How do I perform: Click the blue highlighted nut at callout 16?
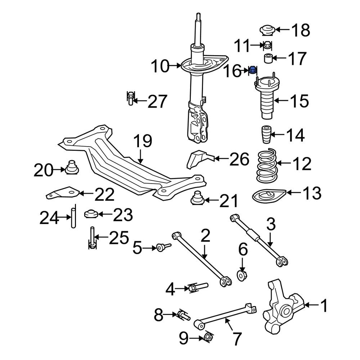253,70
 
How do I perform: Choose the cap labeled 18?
267,31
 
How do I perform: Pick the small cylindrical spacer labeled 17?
267,58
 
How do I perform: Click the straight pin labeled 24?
73,216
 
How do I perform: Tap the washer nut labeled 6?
242,276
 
